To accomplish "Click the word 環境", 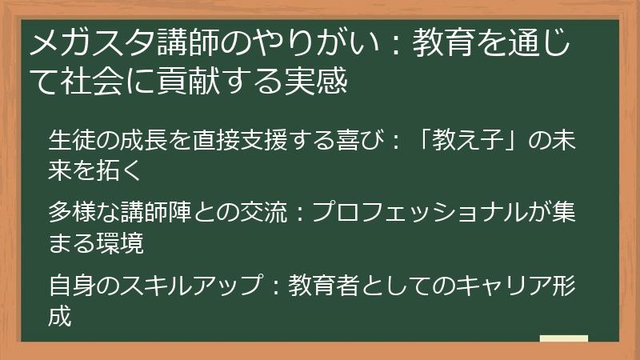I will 122,242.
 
